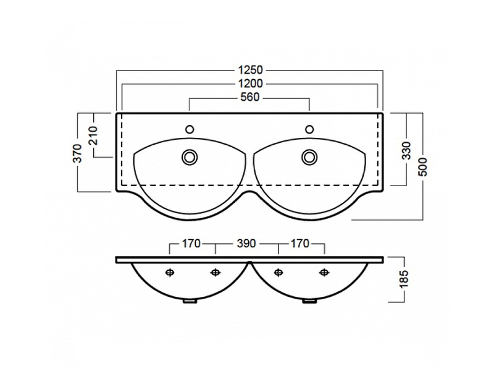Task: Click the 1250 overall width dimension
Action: click(250, 70)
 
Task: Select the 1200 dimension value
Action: click(250, 83)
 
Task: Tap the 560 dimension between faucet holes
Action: click(250, 97)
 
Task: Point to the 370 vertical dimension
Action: click(78, 153)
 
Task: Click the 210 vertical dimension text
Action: click(94, 135)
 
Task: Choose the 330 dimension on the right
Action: click(407, 150)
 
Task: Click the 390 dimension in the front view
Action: click(246, 244)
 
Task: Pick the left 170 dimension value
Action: click(191, 244)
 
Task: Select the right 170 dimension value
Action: click(299, 244)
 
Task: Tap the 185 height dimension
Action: click(404, 279)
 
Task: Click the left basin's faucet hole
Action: click(190, 129)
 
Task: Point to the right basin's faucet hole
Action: click(310, 129)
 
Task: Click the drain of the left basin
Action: click(190, 157)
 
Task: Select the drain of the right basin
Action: click(310, 157)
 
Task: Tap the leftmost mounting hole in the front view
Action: click(170, 272)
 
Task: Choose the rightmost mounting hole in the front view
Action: click(324, 272)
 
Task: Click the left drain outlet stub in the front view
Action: click(190, 301)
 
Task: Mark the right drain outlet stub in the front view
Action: click(309, 301)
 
